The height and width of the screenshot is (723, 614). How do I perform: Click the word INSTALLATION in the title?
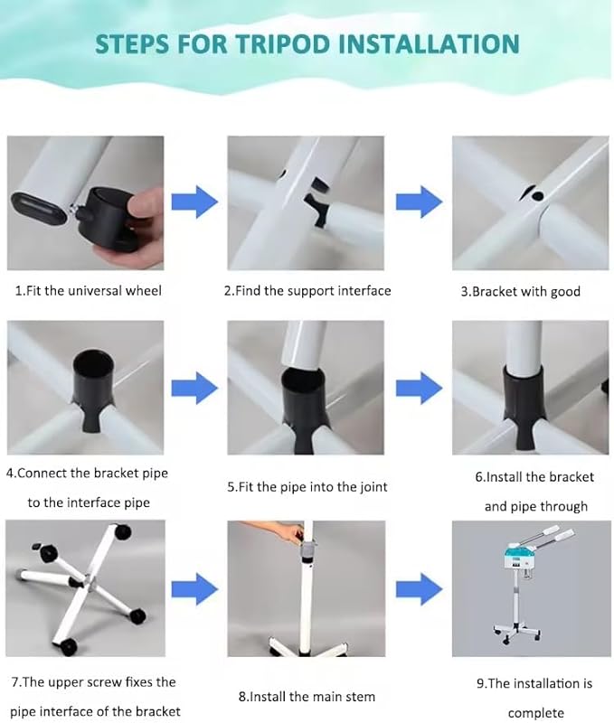coord(429,43)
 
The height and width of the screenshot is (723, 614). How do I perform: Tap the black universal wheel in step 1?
coord(111,218)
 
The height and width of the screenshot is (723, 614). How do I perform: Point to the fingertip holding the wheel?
coord(144,205)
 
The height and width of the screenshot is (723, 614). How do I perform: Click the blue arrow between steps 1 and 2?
coord(194,202)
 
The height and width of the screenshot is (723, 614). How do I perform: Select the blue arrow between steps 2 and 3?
coord(419,202)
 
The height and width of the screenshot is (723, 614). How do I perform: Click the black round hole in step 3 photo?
coord(537,195)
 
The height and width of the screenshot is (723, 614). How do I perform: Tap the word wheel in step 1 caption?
coord(144,290)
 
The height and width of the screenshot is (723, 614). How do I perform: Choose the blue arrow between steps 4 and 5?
coord(194,389)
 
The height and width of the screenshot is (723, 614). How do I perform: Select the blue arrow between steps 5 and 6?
coord(419,389)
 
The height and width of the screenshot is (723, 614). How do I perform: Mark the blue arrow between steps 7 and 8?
coord(194,589)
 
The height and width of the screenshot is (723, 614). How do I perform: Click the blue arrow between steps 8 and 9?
coord(419,589)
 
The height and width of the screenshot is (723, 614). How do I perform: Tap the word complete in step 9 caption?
coord(536,713)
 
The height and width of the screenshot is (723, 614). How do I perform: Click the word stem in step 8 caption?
coord(361,696)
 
